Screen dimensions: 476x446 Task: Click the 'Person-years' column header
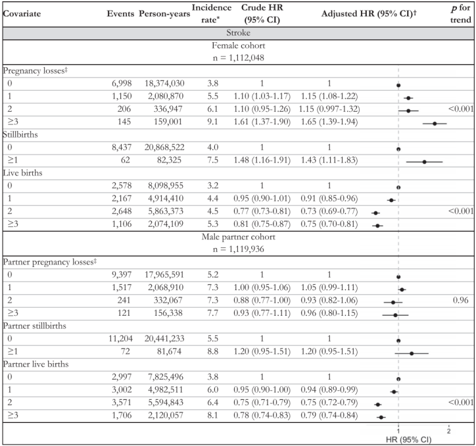point(164,14)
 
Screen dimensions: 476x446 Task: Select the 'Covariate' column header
point(22,14)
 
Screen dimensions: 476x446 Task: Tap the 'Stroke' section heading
point(238,33)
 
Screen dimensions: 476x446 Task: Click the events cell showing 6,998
point(122,84)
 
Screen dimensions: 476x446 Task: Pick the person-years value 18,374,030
point(164,84)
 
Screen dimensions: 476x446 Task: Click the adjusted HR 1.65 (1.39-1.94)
point(329,122)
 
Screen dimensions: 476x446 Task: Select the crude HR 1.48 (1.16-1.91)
point(262,160)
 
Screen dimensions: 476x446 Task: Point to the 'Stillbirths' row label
point(20,135)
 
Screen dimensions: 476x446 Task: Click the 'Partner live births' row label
point(36,364)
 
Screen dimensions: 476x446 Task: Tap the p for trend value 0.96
point(460,300)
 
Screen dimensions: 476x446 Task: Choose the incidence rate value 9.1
point(213,122)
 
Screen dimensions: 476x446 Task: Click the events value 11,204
point(120,339)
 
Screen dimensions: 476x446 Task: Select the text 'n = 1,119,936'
point(238,249)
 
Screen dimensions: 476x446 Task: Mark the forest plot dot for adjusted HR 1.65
point(435,124)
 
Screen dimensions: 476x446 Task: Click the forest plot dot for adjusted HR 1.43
point(425,162)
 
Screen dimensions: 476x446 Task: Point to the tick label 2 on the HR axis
point(448,431)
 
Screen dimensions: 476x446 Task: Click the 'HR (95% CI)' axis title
point(408,439)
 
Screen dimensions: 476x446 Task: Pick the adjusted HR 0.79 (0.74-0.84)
point(329,415)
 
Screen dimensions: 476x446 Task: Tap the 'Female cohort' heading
point(238,45)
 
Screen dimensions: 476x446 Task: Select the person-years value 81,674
point(169,351)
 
